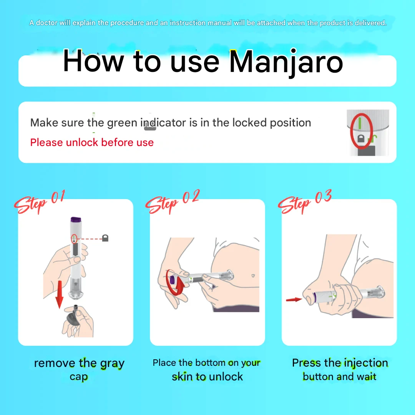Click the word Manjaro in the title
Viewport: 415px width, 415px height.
(x=286, y=63)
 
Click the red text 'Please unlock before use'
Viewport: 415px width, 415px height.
(x=92, y=143)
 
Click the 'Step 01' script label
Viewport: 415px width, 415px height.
(x=40, y=202)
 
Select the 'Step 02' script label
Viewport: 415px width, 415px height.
(x=173, y=202)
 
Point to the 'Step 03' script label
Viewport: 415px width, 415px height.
(x=305, y=202)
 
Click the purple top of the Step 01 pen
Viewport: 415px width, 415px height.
(x=76, y=219)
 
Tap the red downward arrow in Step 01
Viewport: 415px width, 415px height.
(x=59, y=294)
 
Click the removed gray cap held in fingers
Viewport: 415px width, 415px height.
(x=73, y=317)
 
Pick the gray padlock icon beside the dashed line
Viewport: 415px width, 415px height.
(x=105, y=238)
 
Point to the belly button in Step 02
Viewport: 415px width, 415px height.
(x=253, y=276)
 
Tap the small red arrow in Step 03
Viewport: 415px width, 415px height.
(x=294, y=300)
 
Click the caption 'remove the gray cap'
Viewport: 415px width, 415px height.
(x=79, y=370)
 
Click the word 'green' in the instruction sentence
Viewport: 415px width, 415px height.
(x=122, y=123)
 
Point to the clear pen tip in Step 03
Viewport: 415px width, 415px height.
(x=375, y=293)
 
